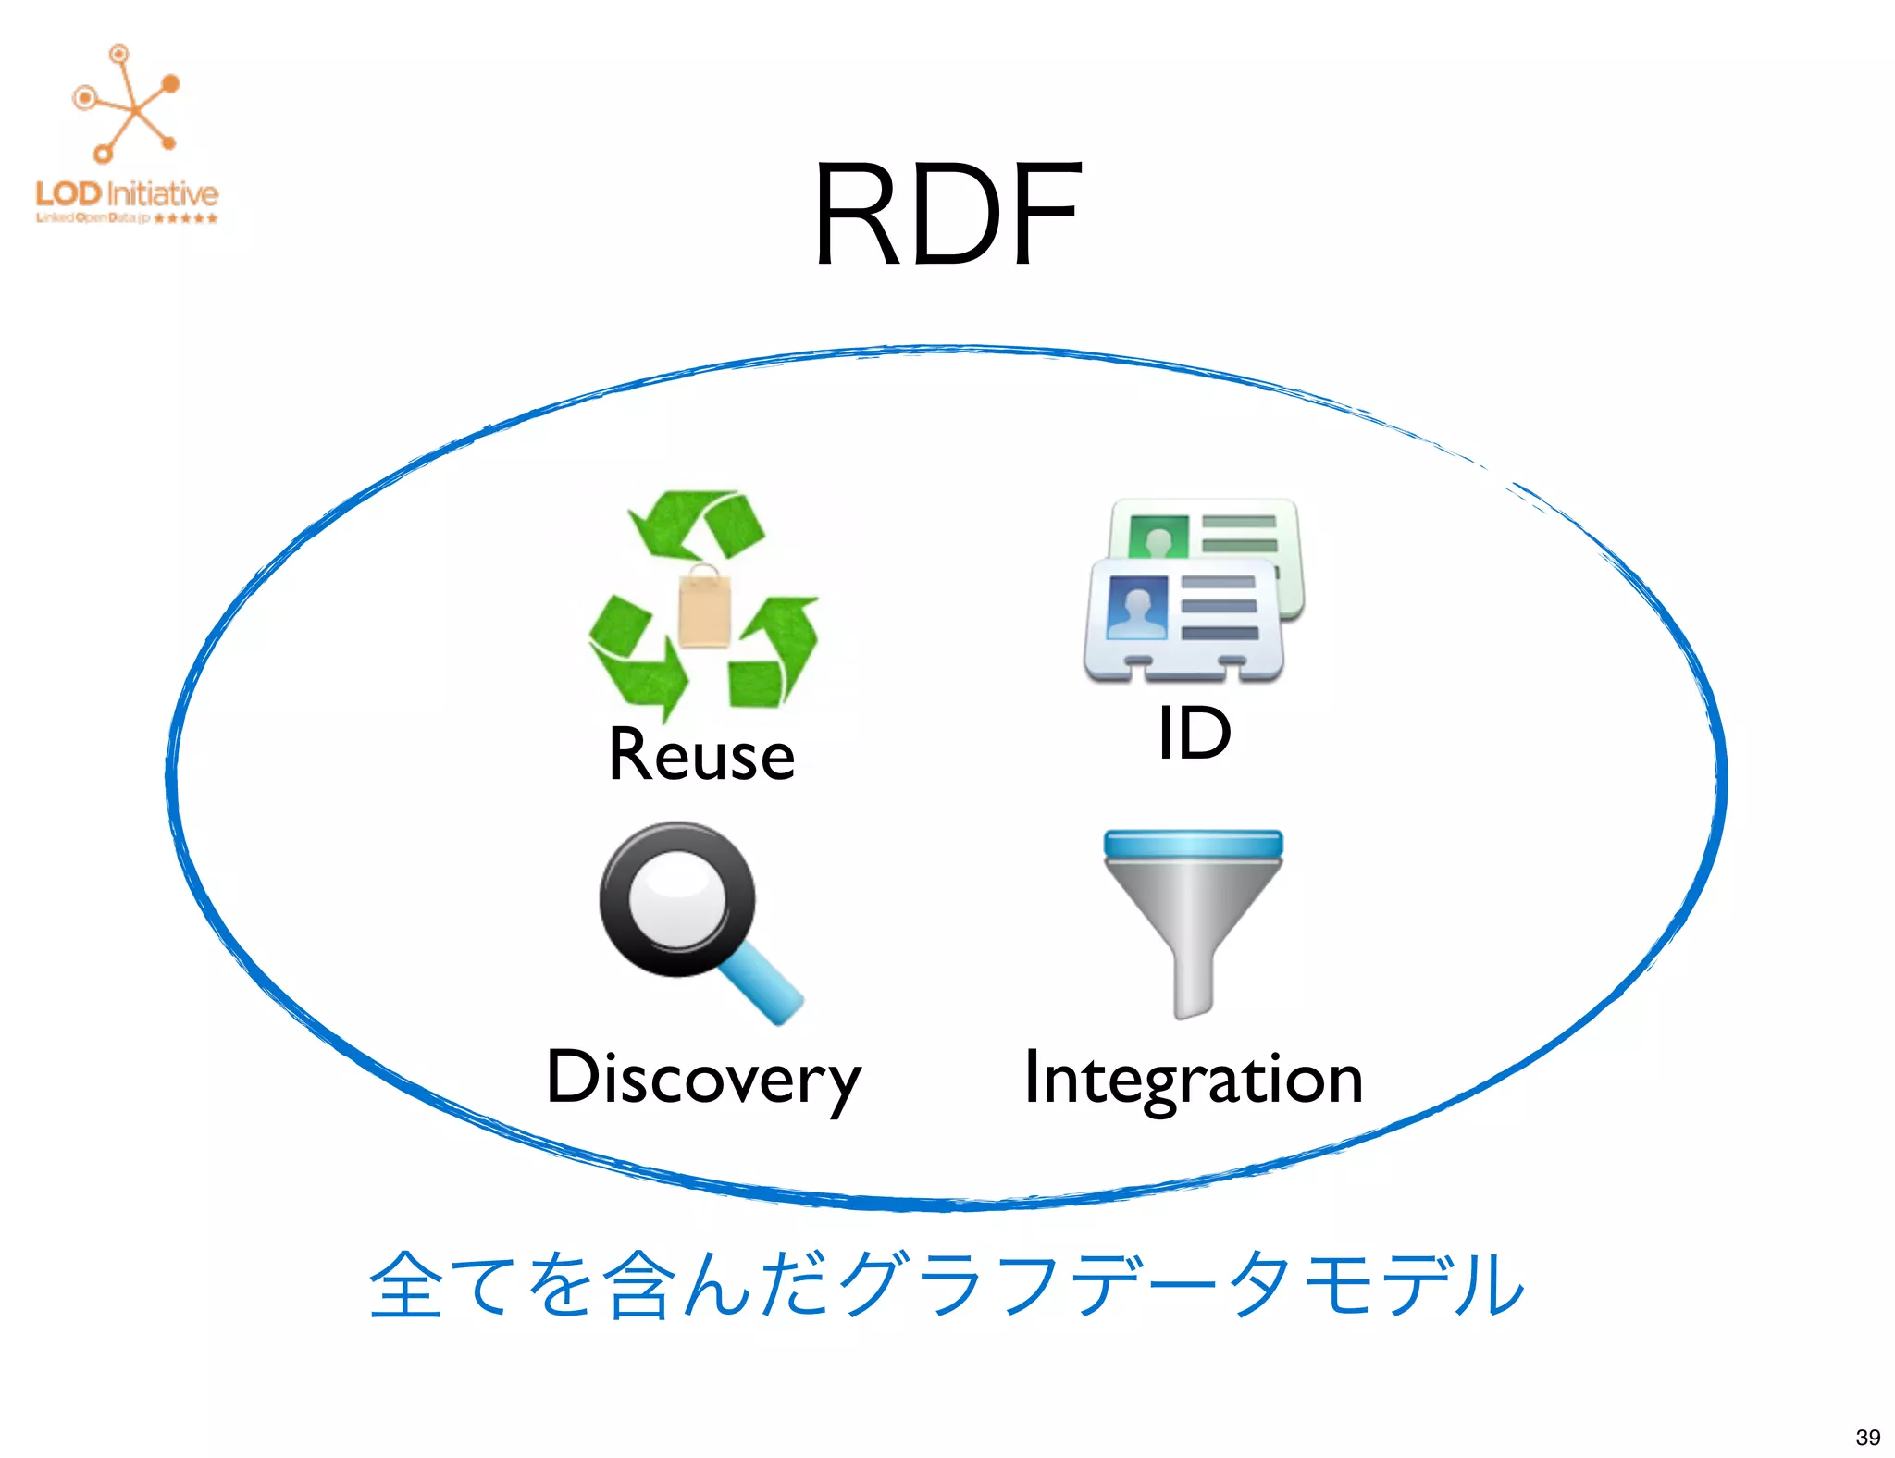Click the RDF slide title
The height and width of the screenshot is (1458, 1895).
click(947, 215)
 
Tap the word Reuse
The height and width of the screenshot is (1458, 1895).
click(701, 756)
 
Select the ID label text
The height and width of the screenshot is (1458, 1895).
click(1194, 733)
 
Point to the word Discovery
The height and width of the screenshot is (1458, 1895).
click(703, 1078)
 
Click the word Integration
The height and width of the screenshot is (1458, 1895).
click(1194, 1079)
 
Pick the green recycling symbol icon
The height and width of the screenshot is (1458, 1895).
click(703, 606)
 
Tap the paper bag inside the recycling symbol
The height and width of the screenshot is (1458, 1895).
click(703, 607)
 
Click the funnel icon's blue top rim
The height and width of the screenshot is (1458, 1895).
click(1193, 844)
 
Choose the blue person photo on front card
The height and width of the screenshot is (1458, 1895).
click(1136, 607)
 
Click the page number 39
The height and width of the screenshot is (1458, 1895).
click(1867, 1437)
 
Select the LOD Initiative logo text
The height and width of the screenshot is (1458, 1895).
click(127, 194)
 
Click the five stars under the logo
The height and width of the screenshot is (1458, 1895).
click(186, 218)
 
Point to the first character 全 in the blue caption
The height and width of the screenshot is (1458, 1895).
click(405, 1285)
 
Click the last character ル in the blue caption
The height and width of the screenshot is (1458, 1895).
click(1489, 1285)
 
